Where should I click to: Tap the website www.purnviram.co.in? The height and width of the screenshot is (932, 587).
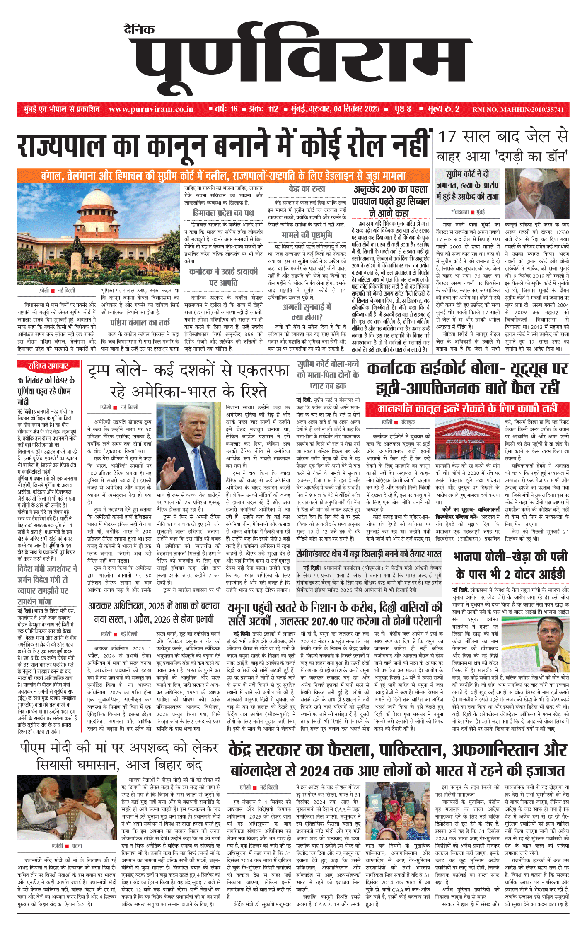[151, 109]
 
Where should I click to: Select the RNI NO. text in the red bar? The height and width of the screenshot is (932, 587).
[518, 110]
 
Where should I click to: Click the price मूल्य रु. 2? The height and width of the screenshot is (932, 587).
[444, 109]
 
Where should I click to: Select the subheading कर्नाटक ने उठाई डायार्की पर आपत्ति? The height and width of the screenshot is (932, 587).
[224, 277]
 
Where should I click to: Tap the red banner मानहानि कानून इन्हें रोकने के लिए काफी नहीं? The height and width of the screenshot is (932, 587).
[467, 409]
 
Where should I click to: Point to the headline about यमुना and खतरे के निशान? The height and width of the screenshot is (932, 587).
[335, 614]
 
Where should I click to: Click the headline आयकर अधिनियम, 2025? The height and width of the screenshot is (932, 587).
[154, 613]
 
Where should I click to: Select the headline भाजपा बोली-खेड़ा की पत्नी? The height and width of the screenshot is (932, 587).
[510, 565]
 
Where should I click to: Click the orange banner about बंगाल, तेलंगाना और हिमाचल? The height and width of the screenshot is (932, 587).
[224, 176]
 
